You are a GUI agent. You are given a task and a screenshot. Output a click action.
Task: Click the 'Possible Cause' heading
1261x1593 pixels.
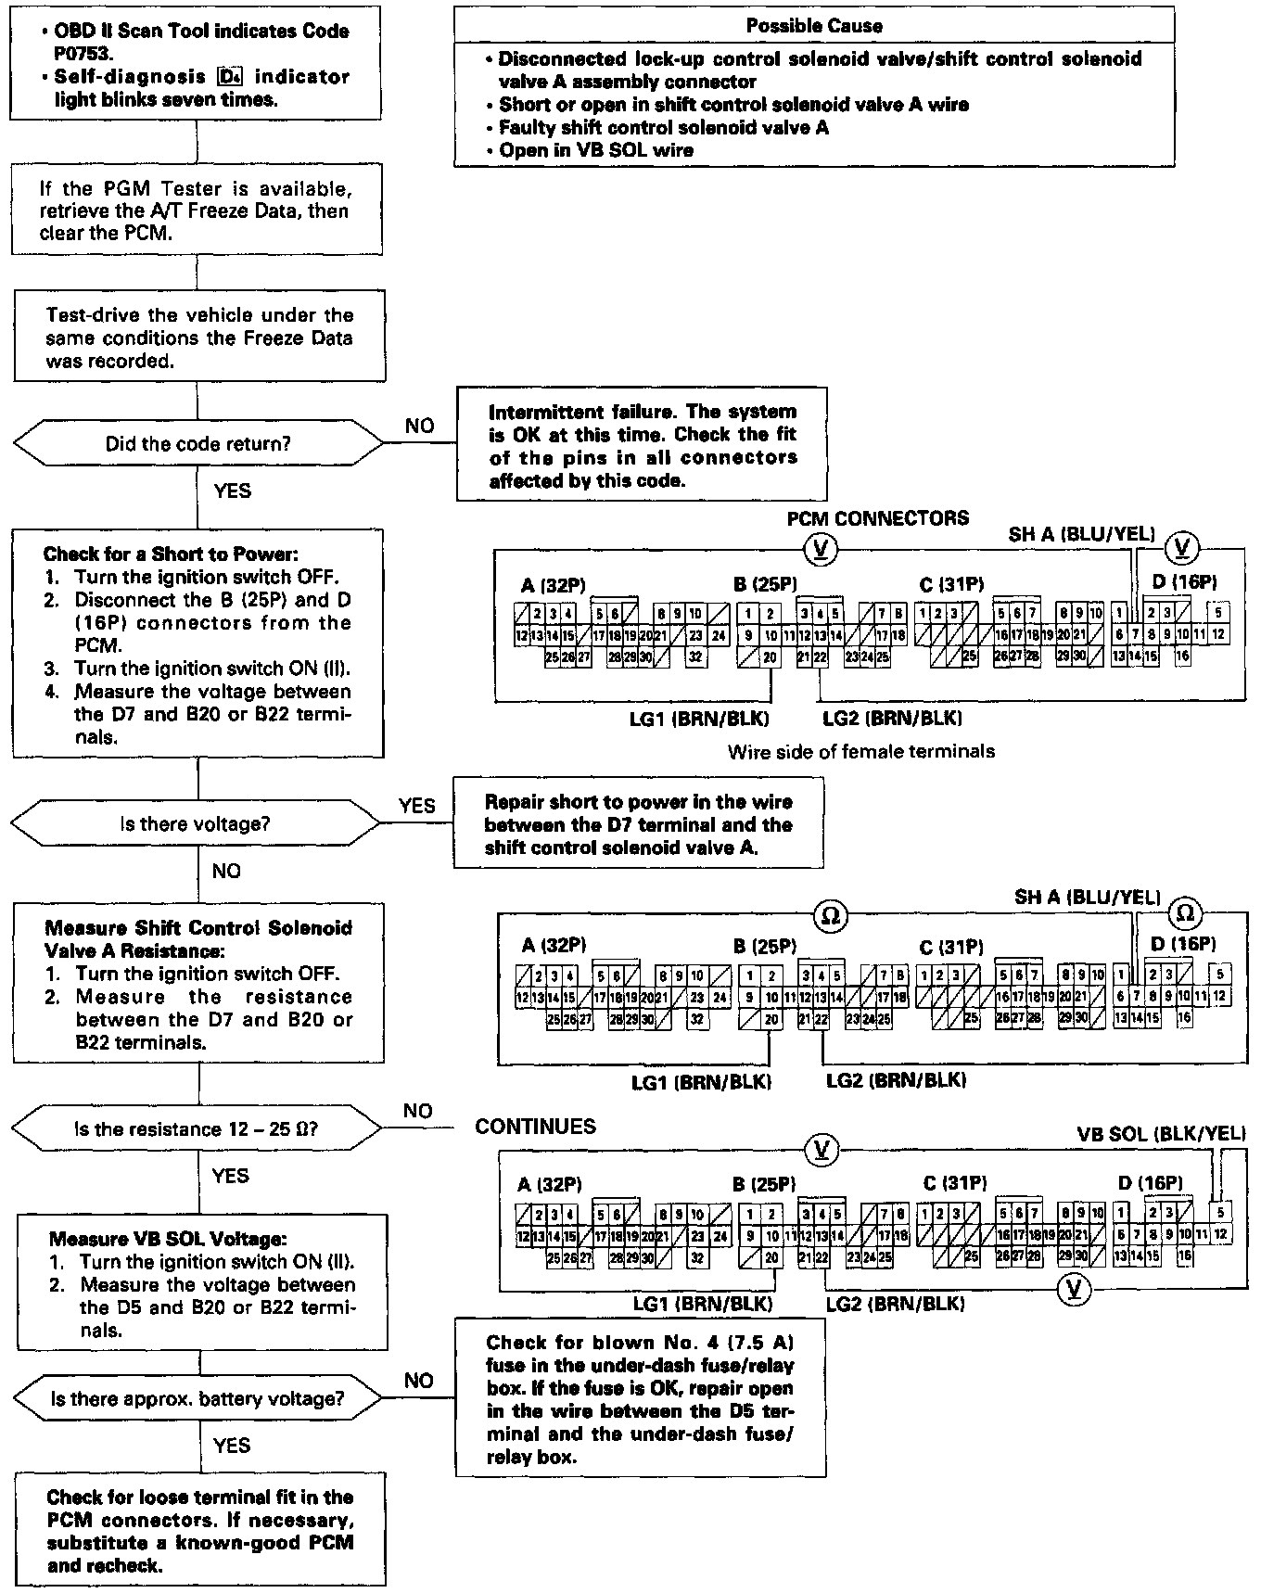tap(814, 26)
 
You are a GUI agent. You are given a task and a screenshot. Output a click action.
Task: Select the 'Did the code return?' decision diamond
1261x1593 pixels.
tap(197, 444)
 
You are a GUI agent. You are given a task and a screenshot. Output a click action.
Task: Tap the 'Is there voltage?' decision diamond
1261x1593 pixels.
tap(196, 823)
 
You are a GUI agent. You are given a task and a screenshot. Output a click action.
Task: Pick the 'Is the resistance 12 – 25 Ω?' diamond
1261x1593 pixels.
tap(196, 1129)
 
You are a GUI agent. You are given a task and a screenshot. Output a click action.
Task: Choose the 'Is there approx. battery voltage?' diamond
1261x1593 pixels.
tap(197, 1398)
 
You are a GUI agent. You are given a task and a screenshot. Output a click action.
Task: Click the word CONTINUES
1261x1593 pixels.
tap(535, 1127)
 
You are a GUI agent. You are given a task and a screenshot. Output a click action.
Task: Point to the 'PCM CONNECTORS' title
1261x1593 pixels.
tap(877, 518)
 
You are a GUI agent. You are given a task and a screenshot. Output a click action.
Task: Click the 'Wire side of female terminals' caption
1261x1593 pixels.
tap(861, 751)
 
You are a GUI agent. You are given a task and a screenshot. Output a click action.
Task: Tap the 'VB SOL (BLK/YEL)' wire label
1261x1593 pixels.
tap(1161, 1133)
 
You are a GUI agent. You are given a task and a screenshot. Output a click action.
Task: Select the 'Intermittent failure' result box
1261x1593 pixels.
tap(642, 445)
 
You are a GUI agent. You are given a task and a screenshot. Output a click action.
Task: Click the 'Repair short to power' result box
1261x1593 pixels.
tap(639, 825)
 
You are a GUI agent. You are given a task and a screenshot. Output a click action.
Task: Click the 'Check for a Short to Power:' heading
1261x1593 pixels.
tap(171, 554)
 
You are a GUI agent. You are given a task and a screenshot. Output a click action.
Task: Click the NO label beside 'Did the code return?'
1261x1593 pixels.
tap(419, 426)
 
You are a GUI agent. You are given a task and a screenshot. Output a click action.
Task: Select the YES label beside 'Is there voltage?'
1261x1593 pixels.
tap(416, 806)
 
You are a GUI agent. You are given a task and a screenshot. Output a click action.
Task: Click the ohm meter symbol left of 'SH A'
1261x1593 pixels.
tap(830, 916)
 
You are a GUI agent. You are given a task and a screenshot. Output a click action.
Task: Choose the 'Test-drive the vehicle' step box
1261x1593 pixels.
tap(198, 338)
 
